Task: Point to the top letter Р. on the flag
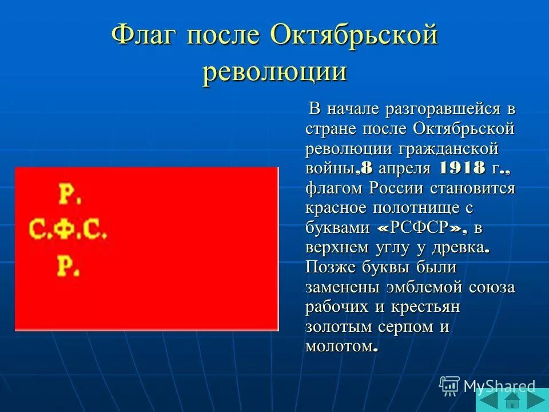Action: pyautogui.click(x=70, y=195)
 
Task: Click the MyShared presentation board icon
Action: pyautogui.click(x=449, y=386)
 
